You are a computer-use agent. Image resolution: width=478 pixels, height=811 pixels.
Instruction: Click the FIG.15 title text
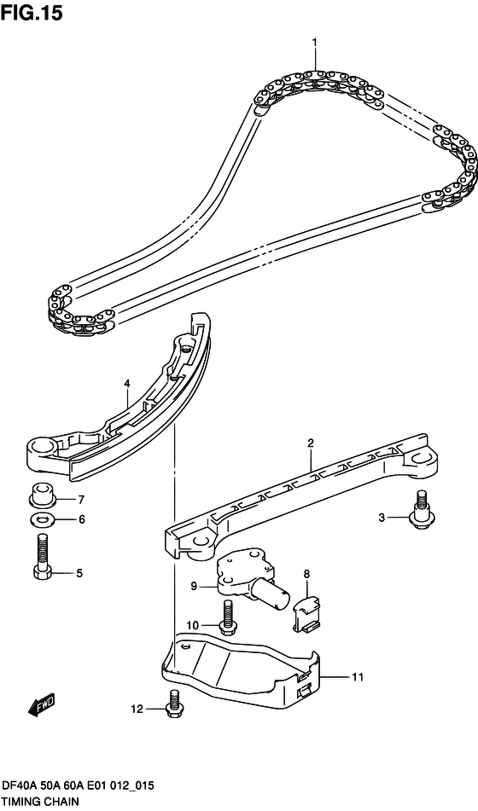click(x=32, y=13)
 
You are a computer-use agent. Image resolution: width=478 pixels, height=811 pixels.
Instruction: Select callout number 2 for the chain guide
click(x=311, y=443)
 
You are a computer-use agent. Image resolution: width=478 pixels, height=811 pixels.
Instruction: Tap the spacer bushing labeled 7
click(x=43, y=495)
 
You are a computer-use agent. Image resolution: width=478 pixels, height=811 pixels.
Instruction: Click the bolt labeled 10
click(x=226, y=617)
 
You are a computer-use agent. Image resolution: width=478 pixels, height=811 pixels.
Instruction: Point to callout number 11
click(x=357, y=676)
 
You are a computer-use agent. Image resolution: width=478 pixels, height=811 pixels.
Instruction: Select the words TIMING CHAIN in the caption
click(x=40, y=802)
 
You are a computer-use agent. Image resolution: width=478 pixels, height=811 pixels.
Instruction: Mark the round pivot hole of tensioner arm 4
click(x=41, y=445)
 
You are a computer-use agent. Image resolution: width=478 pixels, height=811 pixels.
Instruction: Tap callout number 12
click(x=137, y=710)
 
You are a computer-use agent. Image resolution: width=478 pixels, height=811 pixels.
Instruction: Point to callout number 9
click(x=194, y=586)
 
